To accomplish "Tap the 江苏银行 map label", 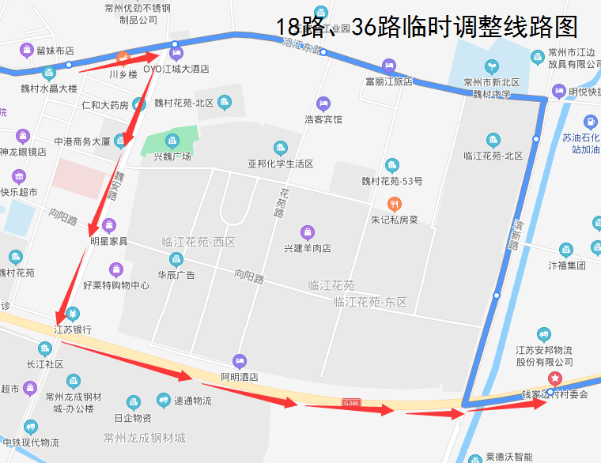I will coord(73,329).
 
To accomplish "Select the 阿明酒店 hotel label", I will coord(240,376).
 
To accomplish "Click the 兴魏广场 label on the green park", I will coord(172,156).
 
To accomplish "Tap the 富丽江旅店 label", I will coord(388,81).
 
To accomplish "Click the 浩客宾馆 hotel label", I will coord(323,119).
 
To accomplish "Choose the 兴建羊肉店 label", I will coord(307,248).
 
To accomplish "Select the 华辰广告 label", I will coord(176,275).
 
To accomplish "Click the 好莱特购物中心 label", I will coord(116,284).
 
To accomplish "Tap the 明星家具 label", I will coord(109,240).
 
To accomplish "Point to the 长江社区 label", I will coord(44,364).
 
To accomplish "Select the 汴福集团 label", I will coord(567,265).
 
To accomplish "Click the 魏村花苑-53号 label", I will coord(392,181).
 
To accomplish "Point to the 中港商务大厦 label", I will coord(81,142).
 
